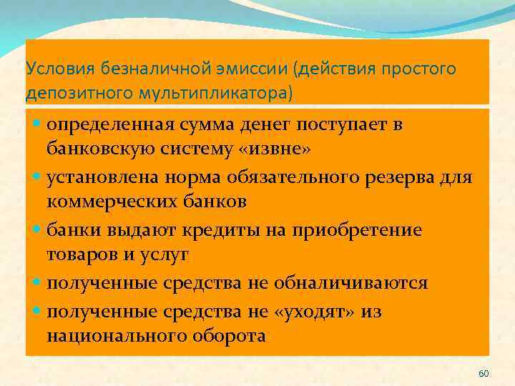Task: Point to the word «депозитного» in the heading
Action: coord(69,94)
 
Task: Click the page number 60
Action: coord(483,374)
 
